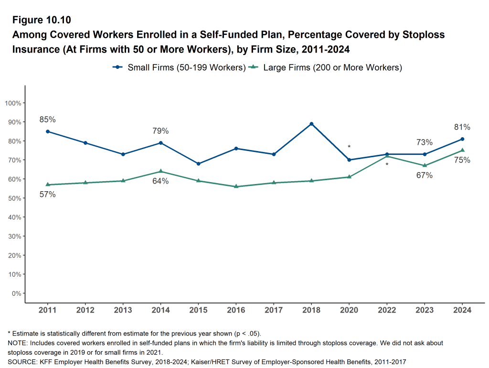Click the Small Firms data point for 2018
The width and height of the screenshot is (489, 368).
point(311,124)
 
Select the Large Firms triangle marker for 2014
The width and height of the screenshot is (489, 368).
point(160,171)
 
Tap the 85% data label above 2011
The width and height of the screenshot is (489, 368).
point(48,119)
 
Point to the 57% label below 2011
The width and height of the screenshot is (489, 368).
point(48,195)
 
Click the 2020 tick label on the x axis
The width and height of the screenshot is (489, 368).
point(349,310)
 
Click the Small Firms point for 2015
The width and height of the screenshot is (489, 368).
point(198,164)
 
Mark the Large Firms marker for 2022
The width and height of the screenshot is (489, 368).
point(387,156)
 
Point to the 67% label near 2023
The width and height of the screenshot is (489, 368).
point(424,175)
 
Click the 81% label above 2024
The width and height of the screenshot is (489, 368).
point(462,127)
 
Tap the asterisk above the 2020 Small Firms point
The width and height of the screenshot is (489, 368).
point(349,147)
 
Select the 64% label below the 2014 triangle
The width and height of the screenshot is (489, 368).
point(160,181)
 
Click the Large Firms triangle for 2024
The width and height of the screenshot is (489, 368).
point(462,150)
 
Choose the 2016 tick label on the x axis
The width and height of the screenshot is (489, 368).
point(236,310)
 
